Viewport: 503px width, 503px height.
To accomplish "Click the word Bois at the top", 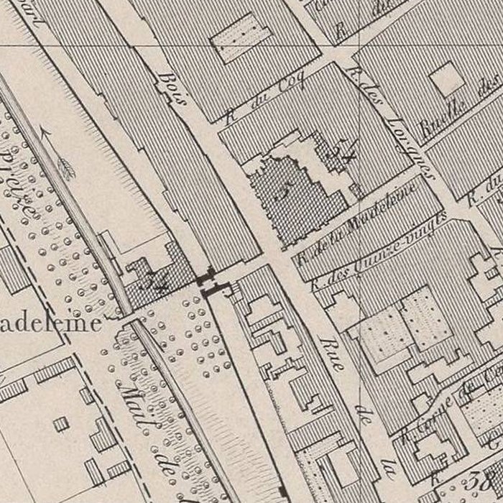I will pyautogui.click(x=172, y=87).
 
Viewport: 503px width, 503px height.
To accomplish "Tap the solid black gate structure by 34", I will pyautogui.click(x=206, y=279).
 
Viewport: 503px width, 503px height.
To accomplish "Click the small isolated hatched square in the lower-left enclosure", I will pyautogui.click(x=62, y=423).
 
